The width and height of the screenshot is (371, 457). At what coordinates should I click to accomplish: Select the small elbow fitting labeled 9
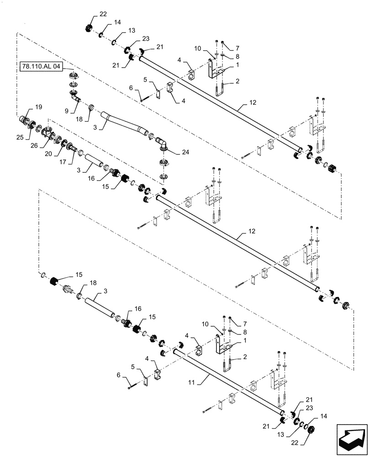(x=74, y=97)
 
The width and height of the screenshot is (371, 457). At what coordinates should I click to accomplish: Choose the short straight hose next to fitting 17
(x=93, y=160)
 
